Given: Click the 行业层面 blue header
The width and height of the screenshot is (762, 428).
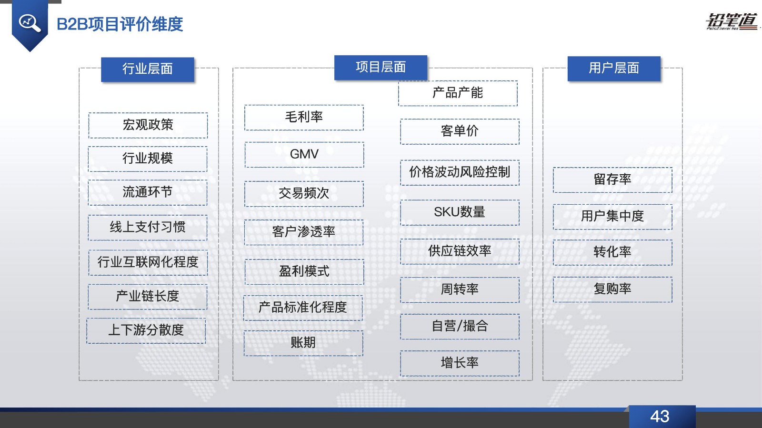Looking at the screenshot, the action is click(x=148, y=70).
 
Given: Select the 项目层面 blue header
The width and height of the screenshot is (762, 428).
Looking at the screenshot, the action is click(x=381, y=67).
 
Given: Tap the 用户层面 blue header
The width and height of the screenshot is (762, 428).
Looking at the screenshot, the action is click(x=614, y=69).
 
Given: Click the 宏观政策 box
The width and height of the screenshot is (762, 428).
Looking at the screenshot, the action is click(x=148, y=125).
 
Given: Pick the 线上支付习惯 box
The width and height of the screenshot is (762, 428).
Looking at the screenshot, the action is click(x=148, y=228).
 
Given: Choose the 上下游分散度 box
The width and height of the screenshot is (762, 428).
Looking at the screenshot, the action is click(x=146, y=330).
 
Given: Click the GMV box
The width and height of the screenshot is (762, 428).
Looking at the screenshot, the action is click(x=304, y=155).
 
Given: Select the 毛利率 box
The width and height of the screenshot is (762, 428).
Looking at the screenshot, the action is click(x=304, y=117).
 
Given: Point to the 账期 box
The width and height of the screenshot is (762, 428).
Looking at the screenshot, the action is click(x=303, y=343).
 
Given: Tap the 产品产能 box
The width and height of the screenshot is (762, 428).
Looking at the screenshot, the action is click(x=458, y=93).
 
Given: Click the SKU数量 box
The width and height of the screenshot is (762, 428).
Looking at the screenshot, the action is click(x=460, y=212).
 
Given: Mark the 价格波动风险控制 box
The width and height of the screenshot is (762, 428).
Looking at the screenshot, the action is click(x=460, y=172).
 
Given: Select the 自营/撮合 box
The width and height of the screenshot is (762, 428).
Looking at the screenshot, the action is click(x=460, y=326).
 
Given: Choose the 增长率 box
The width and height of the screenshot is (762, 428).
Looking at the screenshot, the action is click(x=460, y=363).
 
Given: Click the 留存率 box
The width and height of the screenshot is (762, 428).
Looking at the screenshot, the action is click(x=612, y=180).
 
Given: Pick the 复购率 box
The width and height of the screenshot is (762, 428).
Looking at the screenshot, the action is click(x=612, y=289).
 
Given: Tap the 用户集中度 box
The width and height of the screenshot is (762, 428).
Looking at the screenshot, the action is click(x=612, y=217).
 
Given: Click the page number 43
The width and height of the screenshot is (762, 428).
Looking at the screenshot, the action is click(x=660, y=417).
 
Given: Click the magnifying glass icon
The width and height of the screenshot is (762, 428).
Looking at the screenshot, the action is click(x=30, y=23).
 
